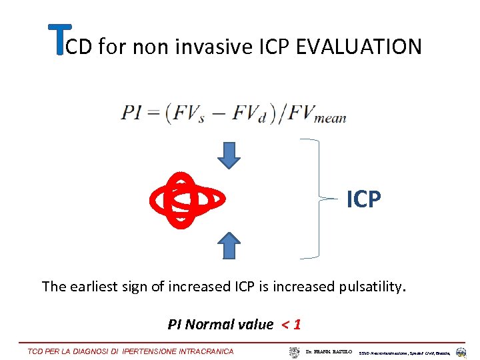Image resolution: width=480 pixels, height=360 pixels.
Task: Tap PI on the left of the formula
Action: click(131, 113)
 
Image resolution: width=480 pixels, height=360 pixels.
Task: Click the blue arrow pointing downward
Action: click(229, 155)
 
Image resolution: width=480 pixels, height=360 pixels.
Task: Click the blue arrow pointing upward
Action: click(229, 245)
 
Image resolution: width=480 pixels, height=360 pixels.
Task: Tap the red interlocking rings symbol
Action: click(187, 199)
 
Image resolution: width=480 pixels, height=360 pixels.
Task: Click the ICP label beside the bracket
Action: click(364, 199)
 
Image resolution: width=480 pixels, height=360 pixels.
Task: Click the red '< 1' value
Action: click(290, 325)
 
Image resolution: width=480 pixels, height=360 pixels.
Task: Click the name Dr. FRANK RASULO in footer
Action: click(330, 351)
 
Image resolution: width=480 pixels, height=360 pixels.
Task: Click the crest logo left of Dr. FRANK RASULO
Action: click(295, 351)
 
